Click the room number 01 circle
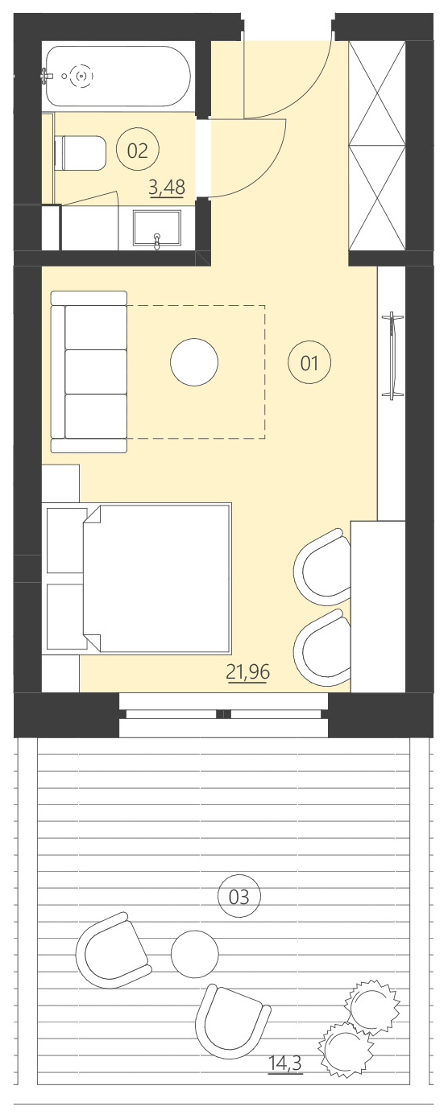coord(309,363)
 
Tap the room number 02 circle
coord(138,149)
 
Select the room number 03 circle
coord(239,895)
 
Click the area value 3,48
coord(167,188)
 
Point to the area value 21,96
coord(247,672)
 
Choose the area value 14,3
coord(284,1064)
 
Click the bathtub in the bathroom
coord(118,76)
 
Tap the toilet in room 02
coord(81,153)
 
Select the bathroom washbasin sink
coord(157,229)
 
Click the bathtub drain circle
coord(80,76)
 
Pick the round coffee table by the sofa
coord(194,363)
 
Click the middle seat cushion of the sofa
coord(96,371)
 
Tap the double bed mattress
coord(157,577)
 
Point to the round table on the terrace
coord(194,954)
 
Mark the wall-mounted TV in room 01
coord(393,355)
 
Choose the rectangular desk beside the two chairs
coord(378,604)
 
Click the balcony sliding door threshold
coord(223,714)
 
